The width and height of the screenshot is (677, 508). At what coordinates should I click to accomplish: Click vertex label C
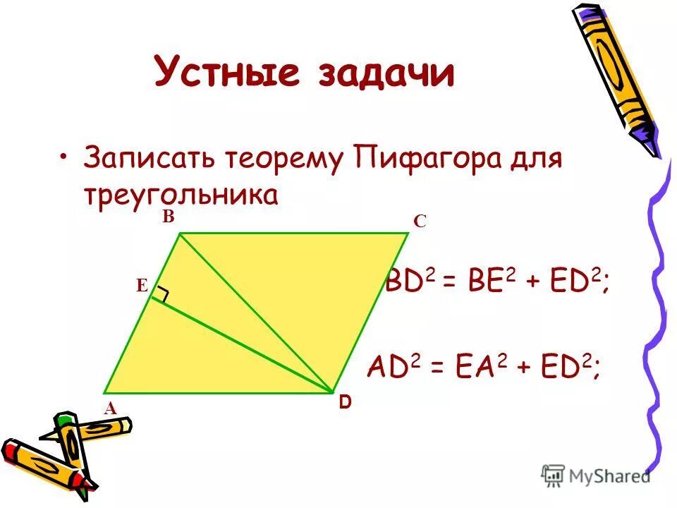[x=420, y=222]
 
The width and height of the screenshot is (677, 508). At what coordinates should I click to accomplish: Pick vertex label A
[x=110, y=407]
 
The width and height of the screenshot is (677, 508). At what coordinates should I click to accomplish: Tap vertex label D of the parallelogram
[x=344, y=403]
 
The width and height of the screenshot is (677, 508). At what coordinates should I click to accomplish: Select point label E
[x=142, y=286]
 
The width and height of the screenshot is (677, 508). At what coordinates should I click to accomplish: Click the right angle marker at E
[x=163, y=295]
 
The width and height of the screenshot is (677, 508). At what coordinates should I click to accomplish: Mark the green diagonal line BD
[x=255, y=313]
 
